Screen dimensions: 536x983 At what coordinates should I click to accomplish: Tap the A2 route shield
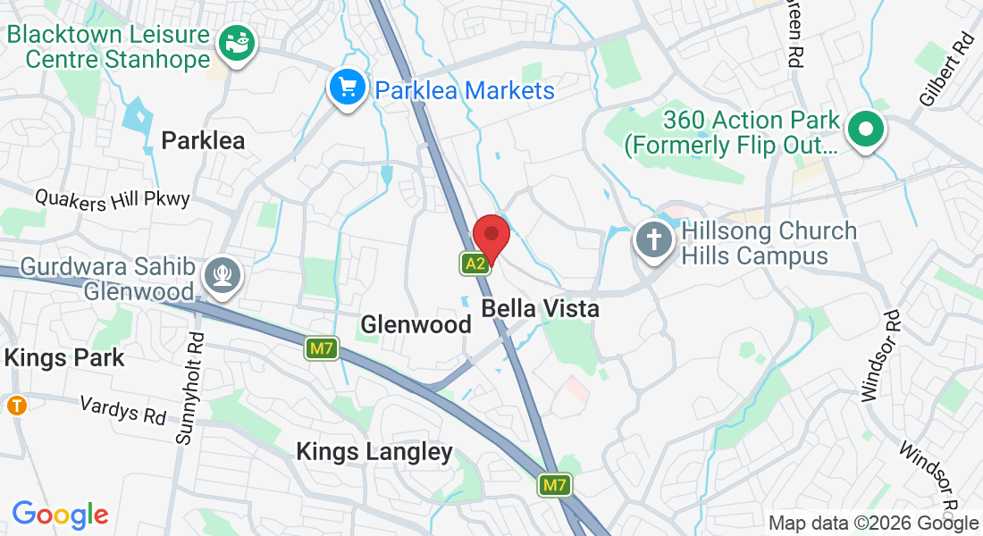point(475,263)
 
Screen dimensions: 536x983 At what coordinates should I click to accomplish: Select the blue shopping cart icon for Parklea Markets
point(346,88)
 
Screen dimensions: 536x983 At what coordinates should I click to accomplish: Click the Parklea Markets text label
point(465,90)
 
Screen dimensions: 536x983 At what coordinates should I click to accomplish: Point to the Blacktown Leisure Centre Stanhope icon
point(237,41)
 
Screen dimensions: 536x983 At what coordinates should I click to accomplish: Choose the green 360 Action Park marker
point(865,130)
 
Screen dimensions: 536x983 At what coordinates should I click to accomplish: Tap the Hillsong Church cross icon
point(653,239)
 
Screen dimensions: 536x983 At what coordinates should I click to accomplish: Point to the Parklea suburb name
point(203,140)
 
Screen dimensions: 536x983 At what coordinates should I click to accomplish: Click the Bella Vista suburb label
point(540,309)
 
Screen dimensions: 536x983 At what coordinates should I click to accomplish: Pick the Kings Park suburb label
point(64,358)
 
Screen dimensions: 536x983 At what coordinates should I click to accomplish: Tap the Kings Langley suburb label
point(374,452)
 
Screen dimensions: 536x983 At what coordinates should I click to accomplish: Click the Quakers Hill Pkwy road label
point(113,197)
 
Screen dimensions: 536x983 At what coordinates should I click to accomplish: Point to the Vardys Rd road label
point(123,410)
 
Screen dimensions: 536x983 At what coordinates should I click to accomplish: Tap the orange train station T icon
point(16,406)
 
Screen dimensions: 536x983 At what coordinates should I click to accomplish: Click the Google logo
point(60,515)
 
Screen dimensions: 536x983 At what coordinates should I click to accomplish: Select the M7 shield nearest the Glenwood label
point(322,348)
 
